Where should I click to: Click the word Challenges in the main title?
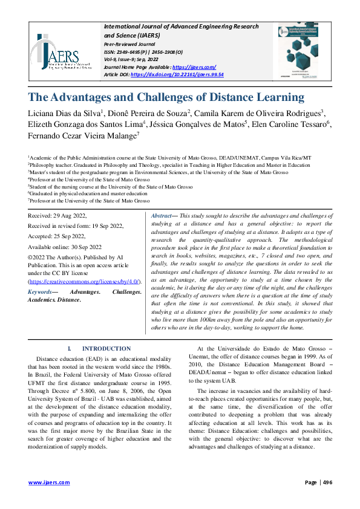(x=180, y=97)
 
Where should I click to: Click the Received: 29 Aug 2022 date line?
(x=59, y=216)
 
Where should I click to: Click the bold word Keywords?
(x=41, y=291)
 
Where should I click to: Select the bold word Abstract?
(x=161, y=216)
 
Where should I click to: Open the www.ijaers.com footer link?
(x=49, y=482)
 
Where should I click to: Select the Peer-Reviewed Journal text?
(x=129, y=45)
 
